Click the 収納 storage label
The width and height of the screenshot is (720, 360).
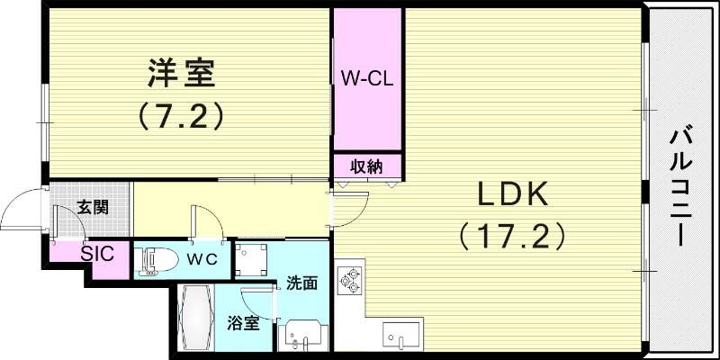[x=366, y=166]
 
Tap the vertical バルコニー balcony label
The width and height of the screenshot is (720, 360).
[x=681, y=186]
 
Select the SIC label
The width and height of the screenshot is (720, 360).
[x=97, y=253]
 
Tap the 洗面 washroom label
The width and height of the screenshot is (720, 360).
[x=301, y=283]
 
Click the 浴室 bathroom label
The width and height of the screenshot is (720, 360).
[x=244, y=322]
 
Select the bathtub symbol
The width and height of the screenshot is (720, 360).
[x=195, y=320]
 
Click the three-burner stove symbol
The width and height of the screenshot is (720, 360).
[x=349, y=280]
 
